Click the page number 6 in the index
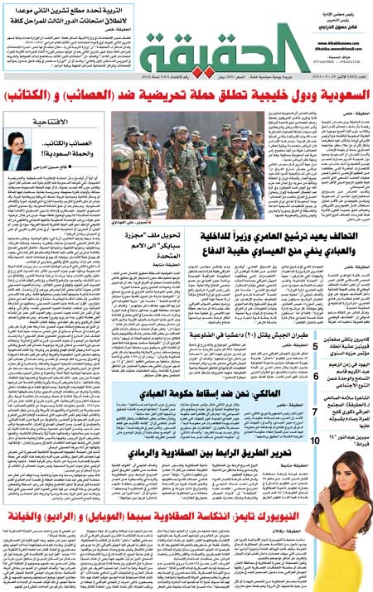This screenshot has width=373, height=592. (316, 377)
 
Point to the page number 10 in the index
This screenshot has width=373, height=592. (316, 442)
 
